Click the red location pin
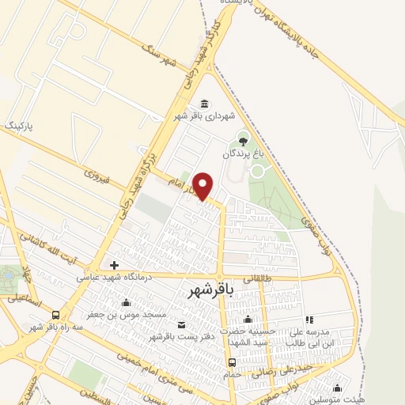(203, 185)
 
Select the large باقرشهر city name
(213, 291)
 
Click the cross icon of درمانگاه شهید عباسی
(115, 265)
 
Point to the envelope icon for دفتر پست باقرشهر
(182, 325)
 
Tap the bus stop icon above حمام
(232, 363)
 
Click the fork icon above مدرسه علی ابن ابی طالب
(308, 320)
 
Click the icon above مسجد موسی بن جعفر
(126, 302)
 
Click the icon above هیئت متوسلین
(338, 388)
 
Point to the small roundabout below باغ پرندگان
(258, 170)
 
